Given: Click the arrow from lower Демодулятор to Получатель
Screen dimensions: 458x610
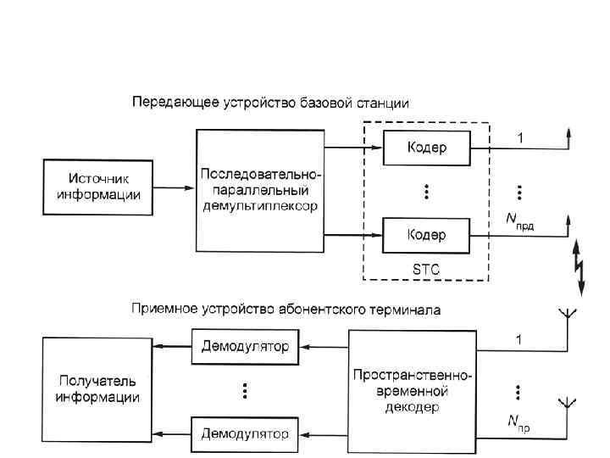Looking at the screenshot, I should (174, 434).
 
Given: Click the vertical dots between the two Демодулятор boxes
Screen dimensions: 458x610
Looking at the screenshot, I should (245, 390).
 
